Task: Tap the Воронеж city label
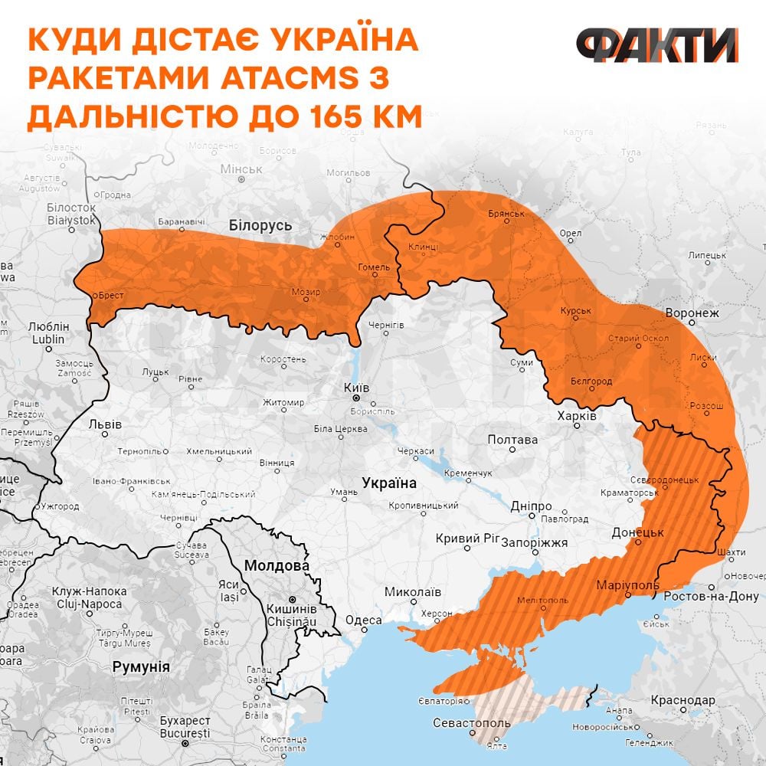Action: pyautogui.click(x=692, y=313)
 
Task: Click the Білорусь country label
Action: pyautogui.click(x=260, y=225)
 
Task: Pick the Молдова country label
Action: pyautogui.click(x=277, y=566)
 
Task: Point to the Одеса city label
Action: pyautogui.click(x=364, y=620)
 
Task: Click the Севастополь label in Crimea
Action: pyautogui.click(x=472, y=723)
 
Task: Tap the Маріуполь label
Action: pyautogui.click(x=628, y=586)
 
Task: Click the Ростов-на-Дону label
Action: pyautogui.click(x=711, y=596)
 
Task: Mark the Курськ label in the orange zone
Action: pyautogui.click(x=577, y=310)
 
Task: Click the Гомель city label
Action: pyautogui.click(x=375, y=267)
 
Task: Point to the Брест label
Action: pyautogui.click(x=110, y=295)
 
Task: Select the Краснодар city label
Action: pyautogui.click(x=683, y=700)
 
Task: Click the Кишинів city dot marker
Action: pyautogui.click(x=292, y=600)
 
